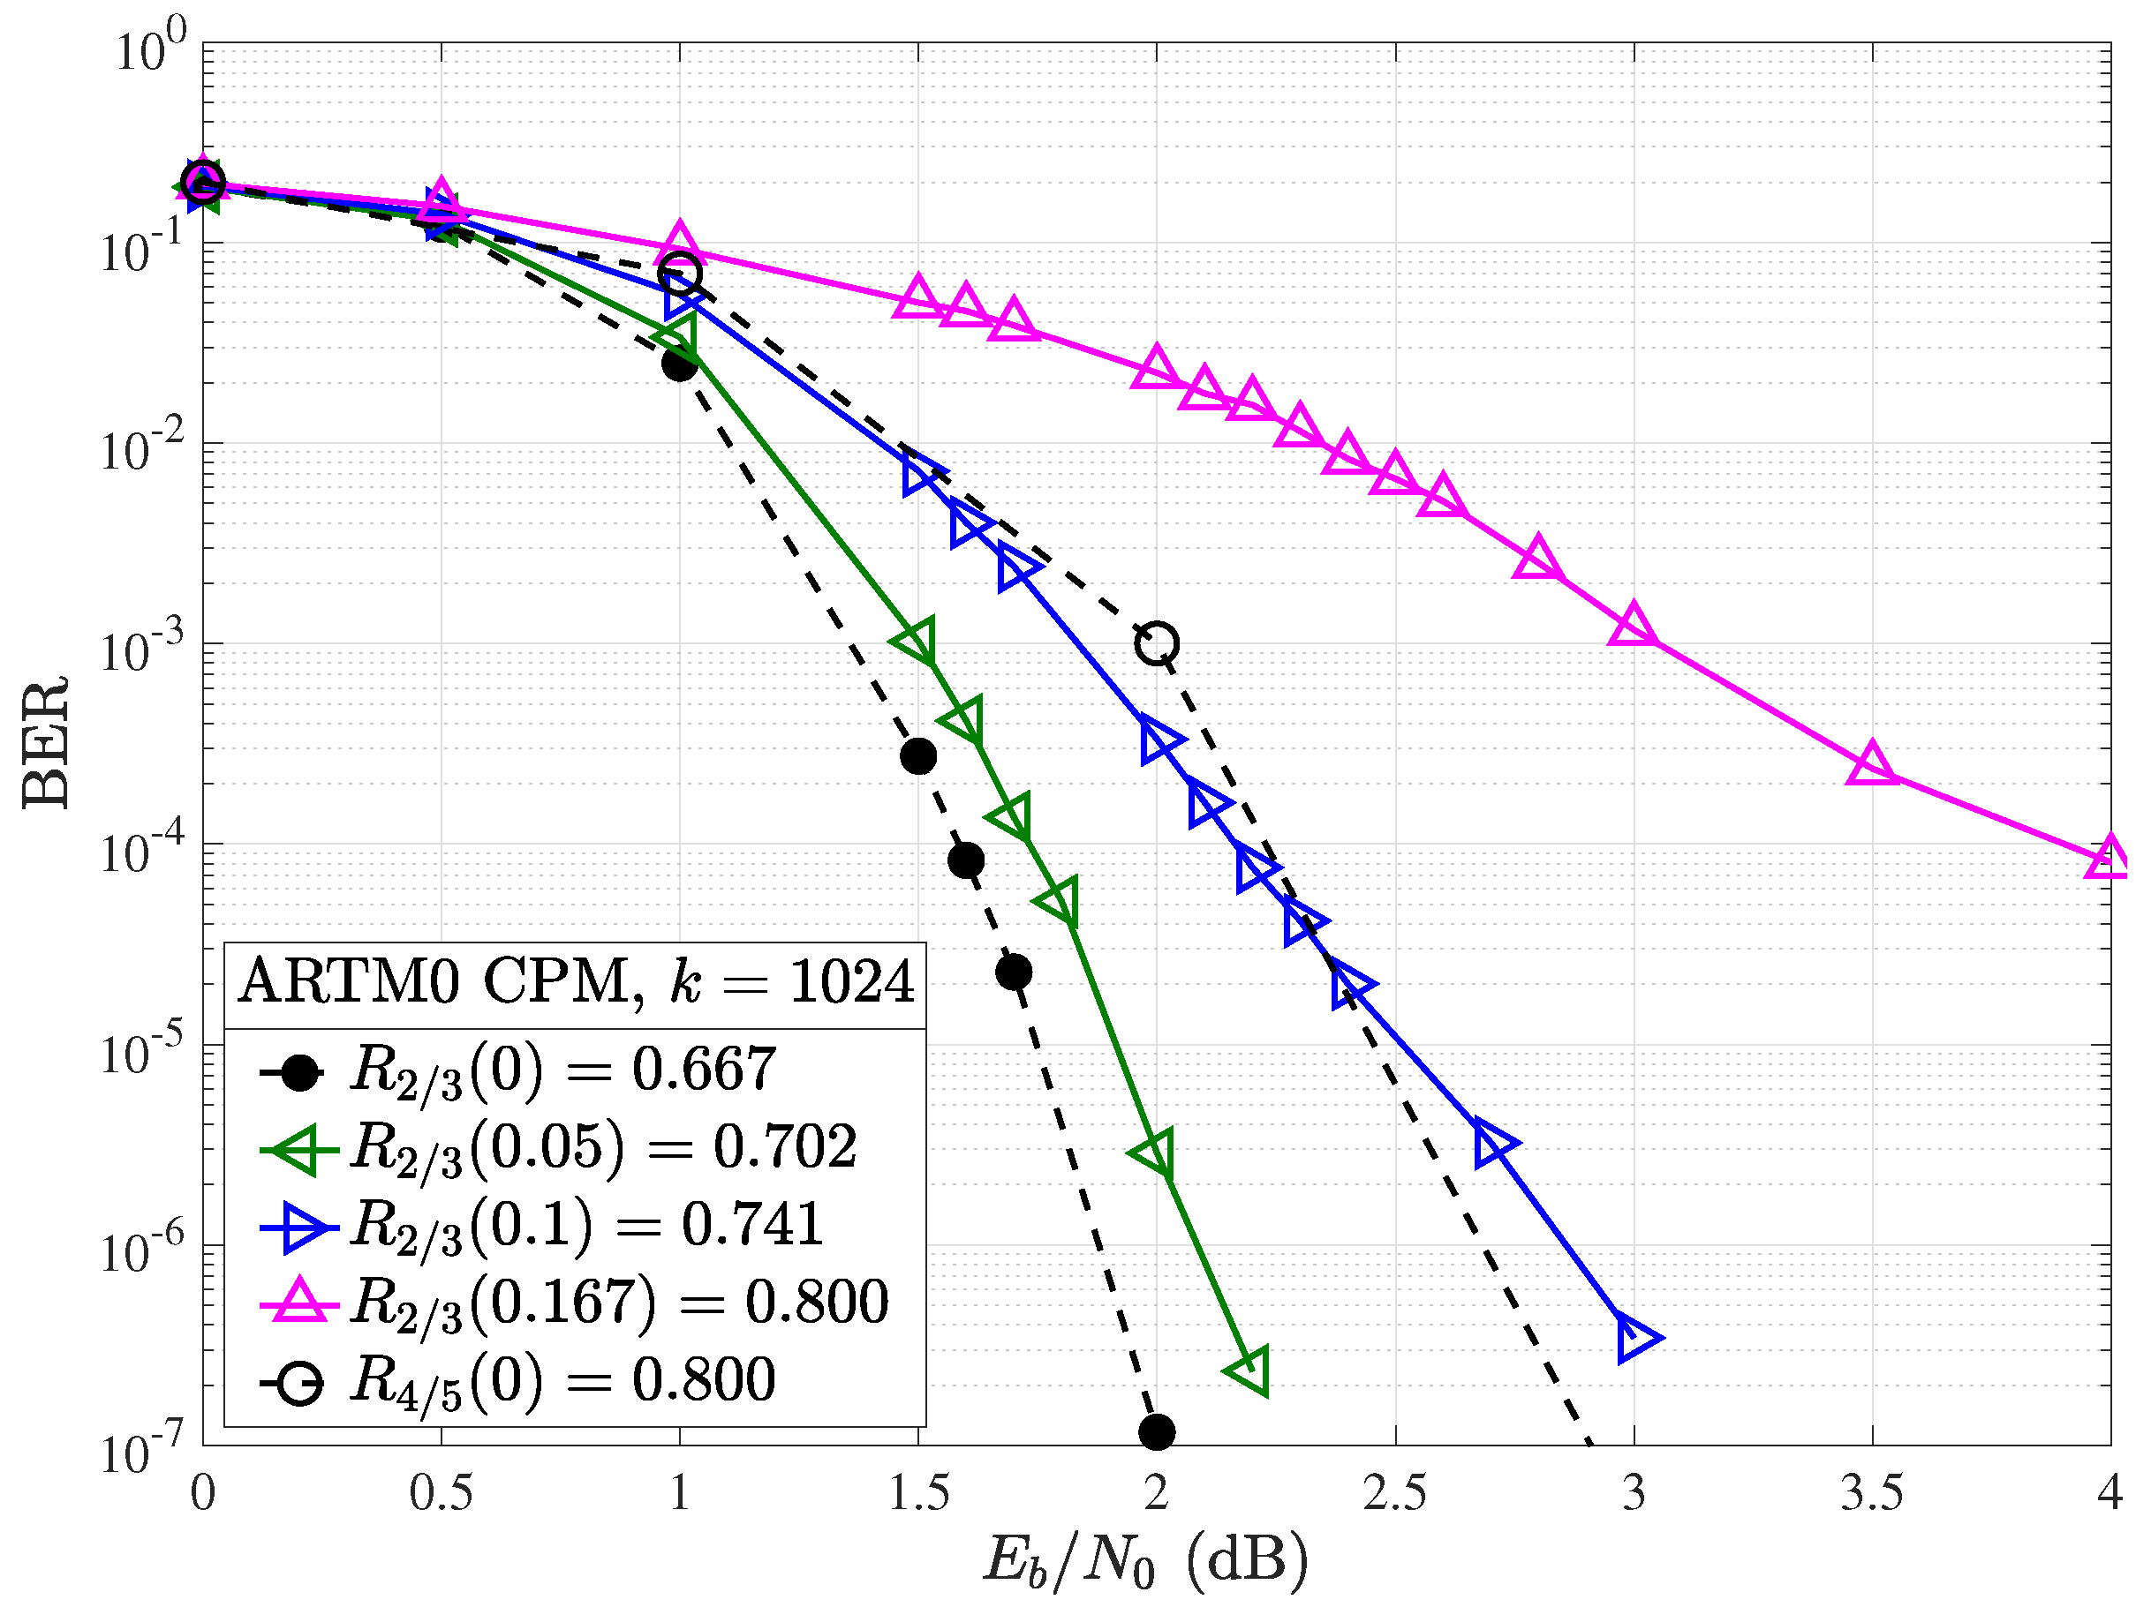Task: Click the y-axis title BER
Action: click(x=45, y=742)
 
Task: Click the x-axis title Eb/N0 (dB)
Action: click(x=1145, y=1559)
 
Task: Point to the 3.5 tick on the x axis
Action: click(x=1871, y=1493)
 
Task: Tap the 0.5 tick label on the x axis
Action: click(x=441, y=1493)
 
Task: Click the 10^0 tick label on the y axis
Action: click(x=151, y=50)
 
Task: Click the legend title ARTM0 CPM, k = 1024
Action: click(x=576, y=982)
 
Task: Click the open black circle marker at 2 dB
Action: click(x=1157, y=642)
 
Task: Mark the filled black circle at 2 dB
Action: click(x=1157, y=1431)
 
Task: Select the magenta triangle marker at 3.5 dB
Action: click(x=1871, y=765)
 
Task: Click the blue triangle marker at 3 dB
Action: click(x=1634, y=1339)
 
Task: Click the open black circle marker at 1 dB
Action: click(x=680, y=274)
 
